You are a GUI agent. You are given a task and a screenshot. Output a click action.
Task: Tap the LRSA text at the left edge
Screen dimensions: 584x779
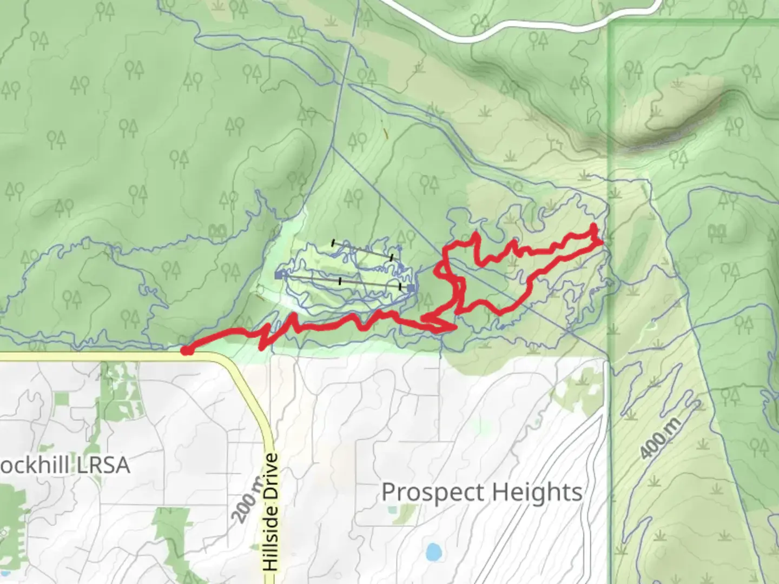[103, 465]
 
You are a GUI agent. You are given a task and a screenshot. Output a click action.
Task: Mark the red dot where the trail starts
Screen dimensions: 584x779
[186, 351]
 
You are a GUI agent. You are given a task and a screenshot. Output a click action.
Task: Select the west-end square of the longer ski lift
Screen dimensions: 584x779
[279, 276]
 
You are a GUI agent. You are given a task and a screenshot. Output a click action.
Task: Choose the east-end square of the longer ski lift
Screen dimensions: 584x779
[411, 288]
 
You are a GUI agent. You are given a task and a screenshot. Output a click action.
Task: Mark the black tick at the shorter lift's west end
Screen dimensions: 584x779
[333, 243]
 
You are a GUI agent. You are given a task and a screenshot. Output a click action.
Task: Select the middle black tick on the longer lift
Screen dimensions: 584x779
[340, 281]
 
